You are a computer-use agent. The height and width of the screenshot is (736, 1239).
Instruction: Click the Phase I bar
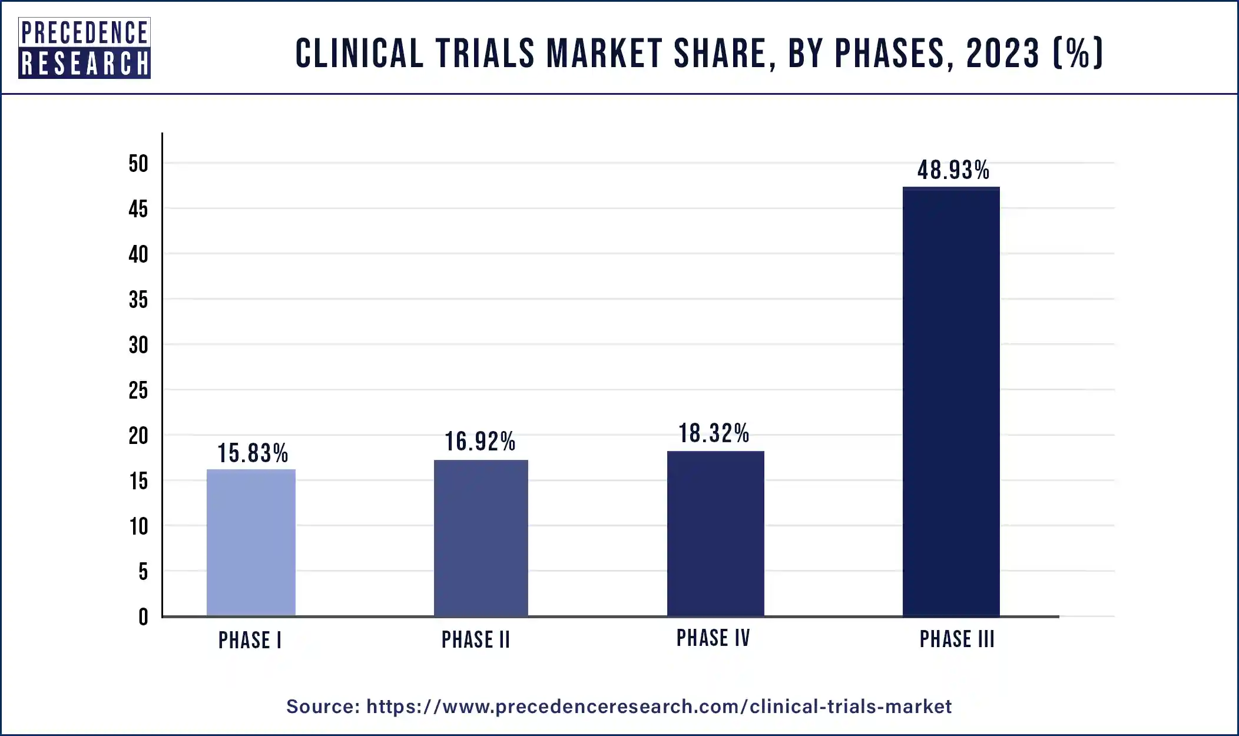pyautogui.click(x=251, y=542)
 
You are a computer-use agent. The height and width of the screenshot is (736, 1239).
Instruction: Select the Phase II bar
pyautogui.click(x=481, y=538)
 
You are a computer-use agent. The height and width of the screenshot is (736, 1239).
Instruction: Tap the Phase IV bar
pyautogui.click(x=715, y=533)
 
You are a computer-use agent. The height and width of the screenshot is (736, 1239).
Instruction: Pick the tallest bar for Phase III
pyautogui.click(x=951, y=402)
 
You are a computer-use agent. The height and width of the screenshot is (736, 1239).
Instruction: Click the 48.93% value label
pyautogui.click(x=953, y=170)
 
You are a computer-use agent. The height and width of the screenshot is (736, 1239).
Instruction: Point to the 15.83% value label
pyautogui.click(x=253, y=453)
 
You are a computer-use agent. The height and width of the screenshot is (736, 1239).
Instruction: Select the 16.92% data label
pyautogui.click(x=480, y=442)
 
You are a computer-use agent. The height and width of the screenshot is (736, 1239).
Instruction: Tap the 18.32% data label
pyautogui.click(x=714, y=433)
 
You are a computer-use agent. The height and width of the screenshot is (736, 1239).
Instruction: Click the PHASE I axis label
pyautogui.click(x=250, y=641)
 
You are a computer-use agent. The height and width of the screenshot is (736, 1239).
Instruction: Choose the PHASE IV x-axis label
pyautogui.click(x=713, y=638)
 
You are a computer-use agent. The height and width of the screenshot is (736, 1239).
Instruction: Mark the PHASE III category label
pyautogui.click(x=957, y=639)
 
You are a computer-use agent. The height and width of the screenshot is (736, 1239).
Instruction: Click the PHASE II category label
pyautogui.click(x=476, y=640)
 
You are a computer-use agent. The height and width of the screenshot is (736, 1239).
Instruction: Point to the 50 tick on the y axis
pyautogui.click(x=138, y=164)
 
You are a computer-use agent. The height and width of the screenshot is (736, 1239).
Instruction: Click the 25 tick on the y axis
pyautogui.click(x=138, y=390)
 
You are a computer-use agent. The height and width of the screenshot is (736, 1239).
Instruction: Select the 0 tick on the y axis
pyautogui.click(x=143, y=617)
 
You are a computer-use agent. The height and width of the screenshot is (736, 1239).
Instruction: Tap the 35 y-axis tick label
pyautogui.click(x=138, y=300)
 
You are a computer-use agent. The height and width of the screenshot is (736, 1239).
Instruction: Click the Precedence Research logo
pyautogui.click(x=84, y=48)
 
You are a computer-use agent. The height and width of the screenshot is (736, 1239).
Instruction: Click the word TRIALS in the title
pyautogui.click(x=485, y=53)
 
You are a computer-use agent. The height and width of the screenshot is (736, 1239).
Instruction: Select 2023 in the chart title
pyautogui.click(x=1003, y=53)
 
